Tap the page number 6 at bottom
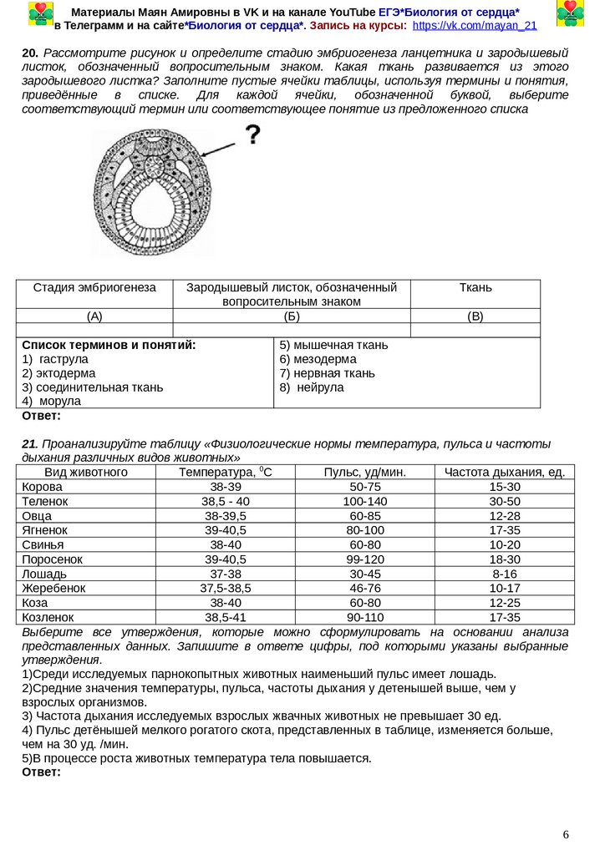click(x=566, y=835)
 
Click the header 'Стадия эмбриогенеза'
click(x=94, y=287)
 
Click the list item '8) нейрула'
click(x=312, y=387)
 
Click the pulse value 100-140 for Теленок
click(x=364, y=501)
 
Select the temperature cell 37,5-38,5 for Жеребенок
click(x=226, y=588)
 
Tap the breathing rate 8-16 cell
click(x=505, y=574)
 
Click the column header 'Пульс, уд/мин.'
click(x=364, y=473)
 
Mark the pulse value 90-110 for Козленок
click(x=364, y=617)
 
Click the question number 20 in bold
click(x=29, y=52)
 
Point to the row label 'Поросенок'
click(x=52, y=559)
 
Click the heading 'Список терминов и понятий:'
click(x=109, y=345)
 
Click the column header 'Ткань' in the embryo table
click(x=475, y=287)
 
